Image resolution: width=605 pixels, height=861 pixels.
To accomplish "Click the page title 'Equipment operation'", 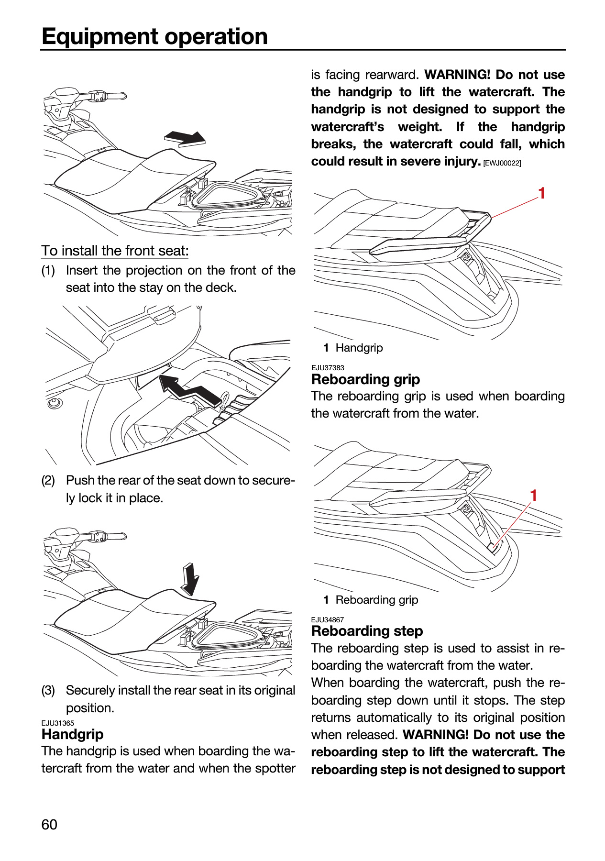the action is click(x=154, y=36).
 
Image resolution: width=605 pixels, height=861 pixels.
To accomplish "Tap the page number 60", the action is click(x=49, y=825).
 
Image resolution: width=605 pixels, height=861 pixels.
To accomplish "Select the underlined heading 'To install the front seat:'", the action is click(x=115, y=251).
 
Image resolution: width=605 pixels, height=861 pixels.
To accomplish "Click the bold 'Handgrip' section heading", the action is click(x=72, y=734).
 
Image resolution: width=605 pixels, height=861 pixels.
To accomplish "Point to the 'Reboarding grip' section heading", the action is click(x=365, y=379).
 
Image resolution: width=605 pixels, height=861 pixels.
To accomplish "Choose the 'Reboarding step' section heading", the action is click(x=367, y=631).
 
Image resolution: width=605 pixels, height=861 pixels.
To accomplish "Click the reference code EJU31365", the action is click(x=57, y=723).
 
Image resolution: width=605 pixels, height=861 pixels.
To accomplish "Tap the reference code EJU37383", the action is click(x=328, y=368).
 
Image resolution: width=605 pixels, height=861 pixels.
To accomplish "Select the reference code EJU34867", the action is click(x=328, y=620).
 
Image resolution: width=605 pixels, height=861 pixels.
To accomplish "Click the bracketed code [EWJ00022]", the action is click(x=502, y=163).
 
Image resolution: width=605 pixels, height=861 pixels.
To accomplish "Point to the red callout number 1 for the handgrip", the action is click(x=541, y=193).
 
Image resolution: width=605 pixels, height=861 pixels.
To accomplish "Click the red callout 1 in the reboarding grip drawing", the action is click(x=534, y=496).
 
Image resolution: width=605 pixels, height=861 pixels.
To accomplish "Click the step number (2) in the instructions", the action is click(x=48, y=480).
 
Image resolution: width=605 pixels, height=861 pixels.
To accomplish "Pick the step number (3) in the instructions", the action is click(x=48, y=691).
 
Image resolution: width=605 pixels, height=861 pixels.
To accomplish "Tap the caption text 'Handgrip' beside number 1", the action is click(x=359, y=348).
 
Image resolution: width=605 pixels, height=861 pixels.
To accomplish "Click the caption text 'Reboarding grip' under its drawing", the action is click(x=377, y=600).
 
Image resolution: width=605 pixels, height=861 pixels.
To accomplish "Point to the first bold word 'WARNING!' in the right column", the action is click(x=457, y=75).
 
